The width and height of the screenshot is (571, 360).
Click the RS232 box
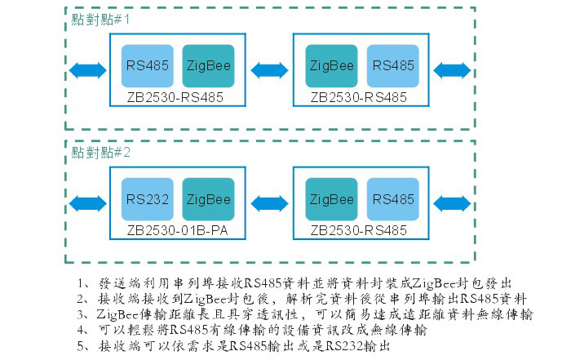coord(147,199)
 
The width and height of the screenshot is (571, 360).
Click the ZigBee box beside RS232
coord(208,199)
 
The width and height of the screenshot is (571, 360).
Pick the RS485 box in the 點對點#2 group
coord(393,199)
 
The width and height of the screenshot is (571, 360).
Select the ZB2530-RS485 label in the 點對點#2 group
coord(358,230)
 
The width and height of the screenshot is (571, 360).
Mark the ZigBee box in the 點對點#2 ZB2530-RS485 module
coord(331,199)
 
